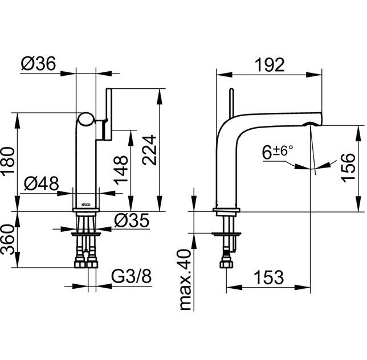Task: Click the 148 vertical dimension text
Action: pyautogui.click(x=121, y=169)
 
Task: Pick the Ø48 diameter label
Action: pyautogui.click(x=43, y=183)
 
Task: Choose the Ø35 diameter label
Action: pyautogui.click(x=132, y=220)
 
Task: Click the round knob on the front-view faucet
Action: pyautogui.click(x=87, y=119)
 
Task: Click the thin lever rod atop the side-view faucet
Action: pyautogui.click(x=232, y=103)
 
